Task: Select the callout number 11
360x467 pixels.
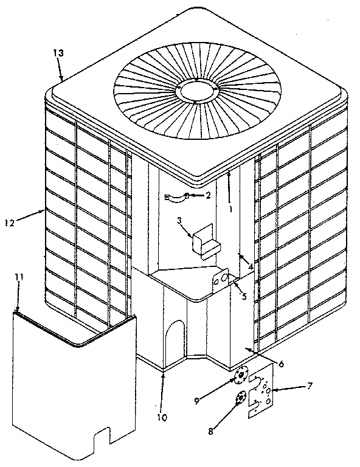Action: (x=19, y=278)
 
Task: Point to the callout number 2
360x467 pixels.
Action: (x=208, y=196)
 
